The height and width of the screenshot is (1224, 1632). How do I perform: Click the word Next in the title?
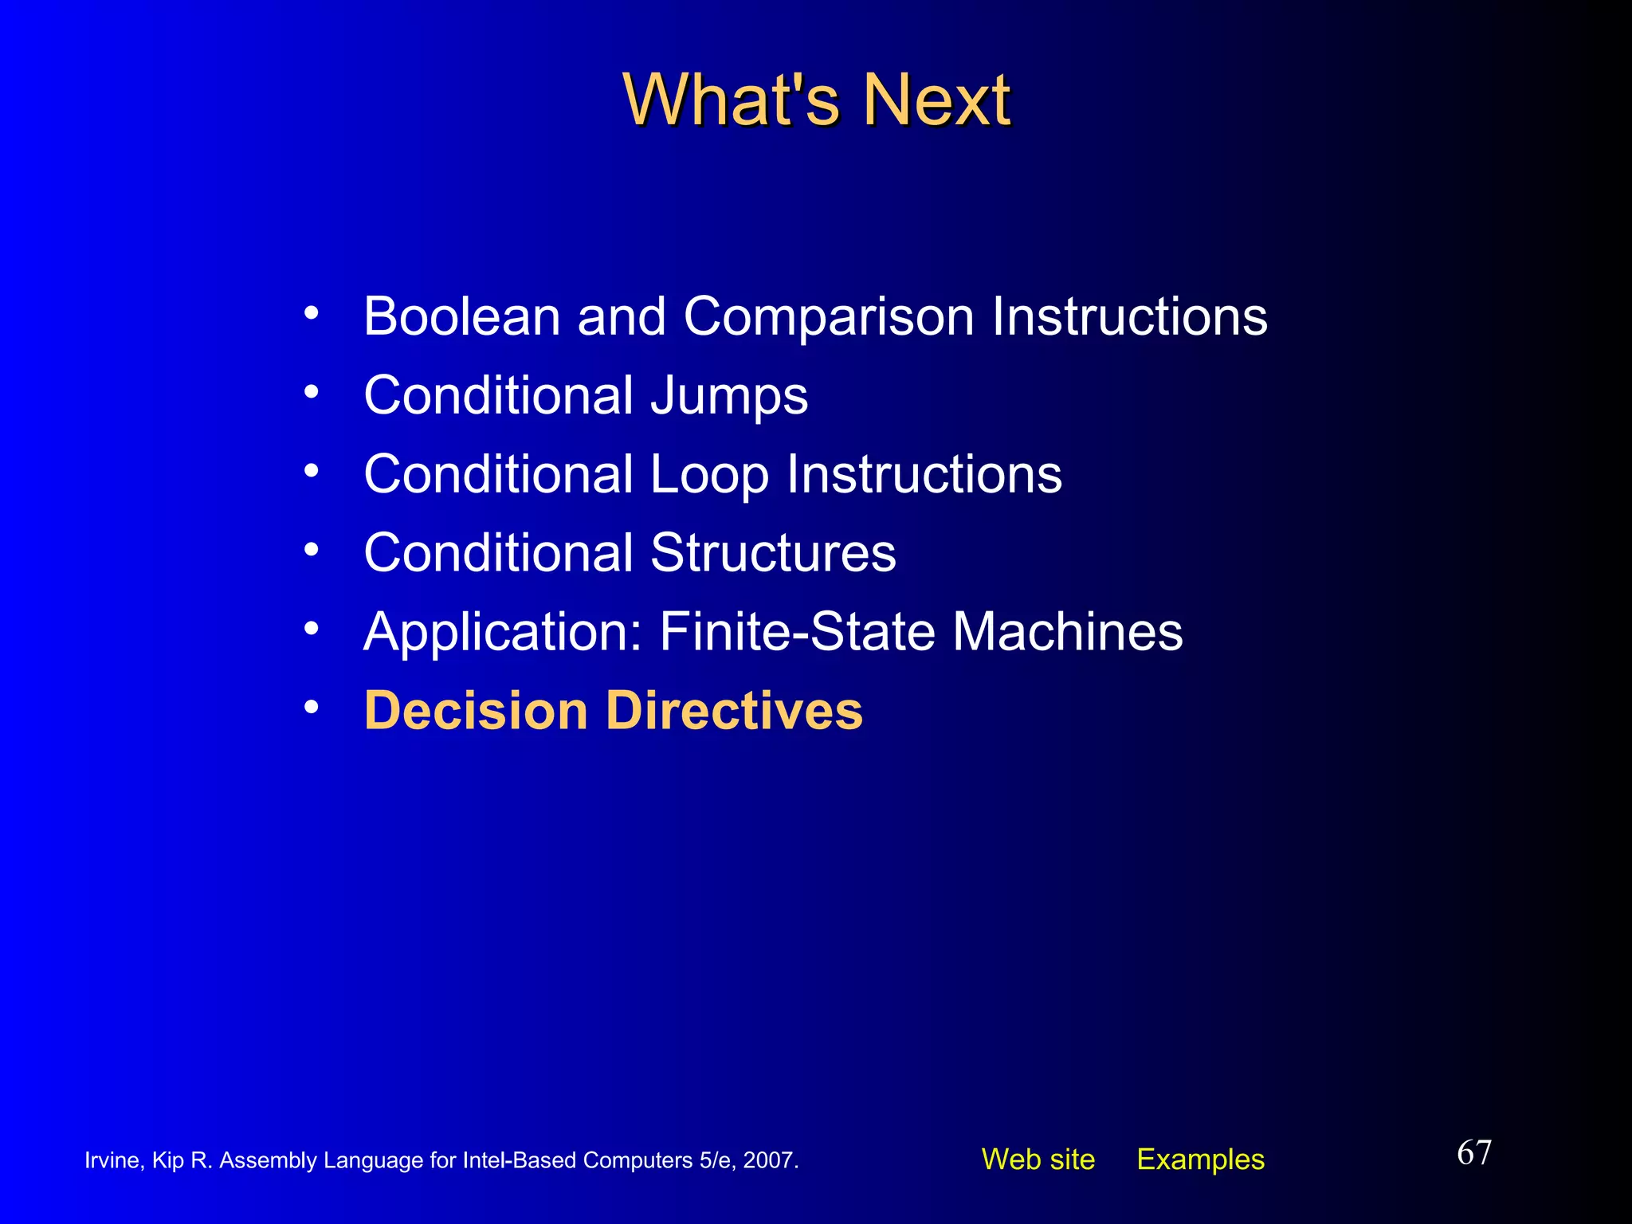tap(937, 100)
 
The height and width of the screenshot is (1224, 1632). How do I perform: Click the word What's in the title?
tap(731, 100)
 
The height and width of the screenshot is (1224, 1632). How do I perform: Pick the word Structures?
tap(773, 552)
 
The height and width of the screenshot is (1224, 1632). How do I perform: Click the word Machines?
tap(1068, 631)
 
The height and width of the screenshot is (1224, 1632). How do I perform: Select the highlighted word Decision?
tap(476, 710)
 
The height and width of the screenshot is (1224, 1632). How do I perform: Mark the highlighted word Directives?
tap(734, 710)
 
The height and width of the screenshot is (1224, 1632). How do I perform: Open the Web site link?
tap(1038, 1159)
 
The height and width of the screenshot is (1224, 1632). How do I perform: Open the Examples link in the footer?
tap(1200, 1159)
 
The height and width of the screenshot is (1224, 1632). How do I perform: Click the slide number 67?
tap(1473, 1153)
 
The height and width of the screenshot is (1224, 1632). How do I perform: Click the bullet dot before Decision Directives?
tap(312, 706)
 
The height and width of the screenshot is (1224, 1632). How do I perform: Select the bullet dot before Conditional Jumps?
tap(312, 391)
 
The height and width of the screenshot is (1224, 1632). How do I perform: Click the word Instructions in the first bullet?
tap(1129, 316)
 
